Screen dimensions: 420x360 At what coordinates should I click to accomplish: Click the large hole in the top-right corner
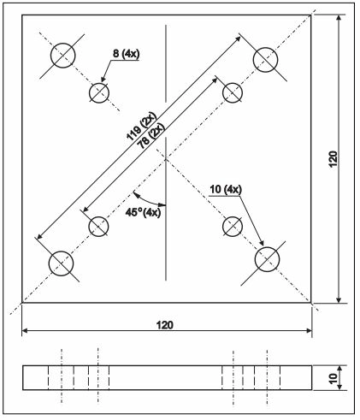pyautogui.click(x=267, y=57)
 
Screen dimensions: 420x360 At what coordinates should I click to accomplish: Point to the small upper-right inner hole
pyautogui.click(x=233, y=92)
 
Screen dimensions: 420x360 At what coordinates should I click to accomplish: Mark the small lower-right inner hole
pyautogui.click(x=233, y=226)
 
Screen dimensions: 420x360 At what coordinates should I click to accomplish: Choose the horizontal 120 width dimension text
pyautogui.click(x=168, y=325)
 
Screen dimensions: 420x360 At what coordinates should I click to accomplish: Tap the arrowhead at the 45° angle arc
pyautogui.click(x=163, y=204)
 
